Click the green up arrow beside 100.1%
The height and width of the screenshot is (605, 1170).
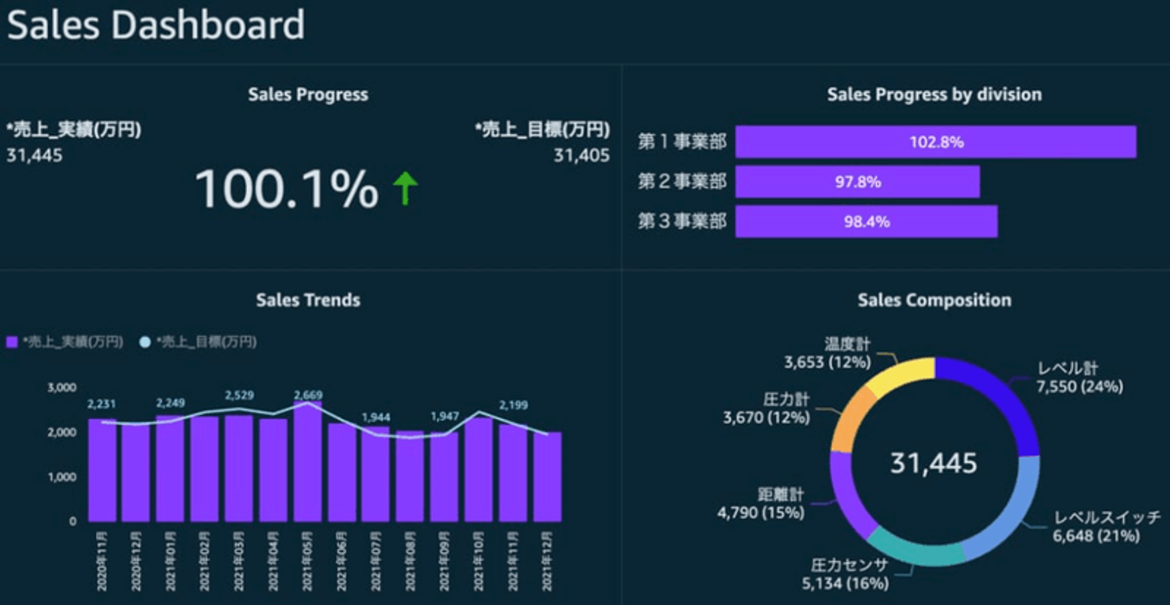(405, 188)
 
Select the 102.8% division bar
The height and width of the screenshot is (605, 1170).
(935, 142)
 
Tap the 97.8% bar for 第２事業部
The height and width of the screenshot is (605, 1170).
(857, 182)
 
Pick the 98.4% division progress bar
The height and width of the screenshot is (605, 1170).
(866, 222)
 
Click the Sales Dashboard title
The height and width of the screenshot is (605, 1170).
(156, 26)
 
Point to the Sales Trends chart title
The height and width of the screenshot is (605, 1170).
(308, 300)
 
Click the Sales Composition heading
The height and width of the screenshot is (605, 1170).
(934, 300)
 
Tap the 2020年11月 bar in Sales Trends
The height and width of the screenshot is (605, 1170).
(102, 470)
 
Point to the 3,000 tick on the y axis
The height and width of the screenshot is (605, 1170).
(62, 387)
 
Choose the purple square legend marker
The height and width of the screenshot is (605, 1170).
(11, 343)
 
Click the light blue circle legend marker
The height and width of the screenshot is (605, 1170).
(145, 343)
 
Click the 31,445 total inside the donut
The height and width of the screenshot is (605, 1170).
(934, 464)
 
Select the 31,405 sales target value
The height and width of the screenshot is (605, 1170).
(582, 156)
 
